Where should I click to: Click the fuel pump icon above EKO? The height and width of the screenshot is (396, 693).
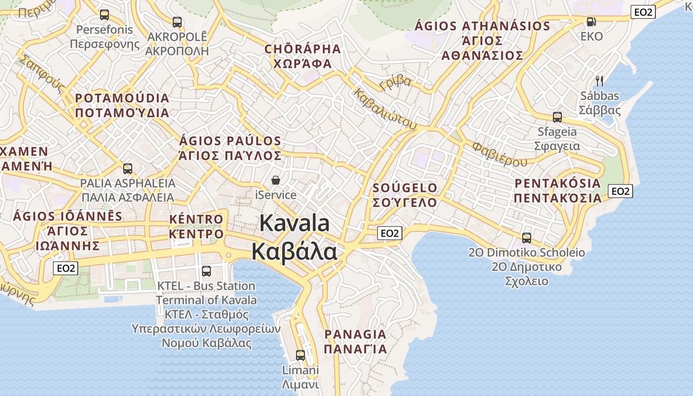[x=591, y=22]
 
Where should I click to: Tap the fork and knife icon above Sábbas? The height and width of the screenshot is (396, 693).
[x=599, y=81]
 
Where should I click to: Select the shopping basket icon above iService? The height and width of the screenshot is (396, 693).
[x=276, y=181]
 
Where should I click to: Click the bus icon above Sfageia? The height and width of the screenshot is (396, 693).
[x=557, y=117]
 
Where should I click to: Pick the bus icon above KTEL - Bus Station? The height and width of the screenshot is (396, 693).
[x=206, y=271]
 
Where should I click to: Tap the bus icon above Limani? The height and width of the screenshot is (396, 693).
[x=300, y=355]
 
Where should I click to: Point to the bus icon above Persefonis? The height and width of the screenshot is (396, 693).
[x=104, y=15]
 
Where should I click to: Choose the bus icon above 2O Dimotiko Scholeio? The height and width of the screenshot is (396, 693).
[x=527, y=238]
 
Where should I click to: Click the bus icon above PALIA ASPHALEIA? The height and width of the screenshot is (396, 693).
[x=128, y=169]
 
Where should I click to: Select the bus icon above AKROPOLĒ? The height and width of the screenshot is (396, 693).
[x=177, y=22]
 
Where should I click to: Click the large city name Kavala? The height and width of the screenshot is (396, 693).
[x=295, y=223]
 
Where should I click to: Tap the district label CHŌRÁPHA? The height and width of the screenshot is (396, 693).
[x=302, y=49]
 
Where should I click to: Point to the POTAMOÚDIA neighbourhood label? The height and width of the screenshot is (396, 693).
[x=122, y=98]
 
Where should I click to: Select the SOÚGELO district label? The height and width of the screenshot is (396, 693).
[x=405, y=188]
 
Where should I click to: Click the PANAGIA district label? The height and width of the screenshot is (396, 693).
[x=355, y=334]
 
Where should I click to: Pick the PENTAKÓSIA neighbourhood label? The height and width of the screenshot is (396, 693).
[x=557, y=184]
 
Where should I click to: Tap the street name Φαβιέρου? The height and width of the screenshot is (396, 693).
[x=499, y=154]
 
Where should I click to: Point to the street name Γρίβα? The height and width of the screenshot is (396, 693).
[x=395, y=83]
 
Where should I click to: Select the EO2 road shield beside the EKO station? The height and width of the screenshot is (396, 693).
[x=643, y=12]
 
